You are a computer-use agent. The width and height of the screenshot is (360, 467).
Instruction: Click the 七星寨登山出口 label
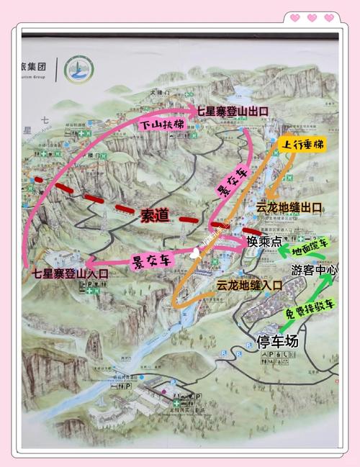click(233, 111)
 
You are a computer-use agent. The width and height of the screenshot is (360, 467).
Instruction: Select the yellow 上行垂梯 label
click(304, 144)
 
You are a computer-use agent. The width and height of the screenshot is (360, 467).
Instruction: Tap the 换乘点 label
click(264, 241)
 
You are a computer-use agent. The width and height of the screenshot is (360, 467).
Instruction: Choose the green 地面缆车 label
click(310, 248)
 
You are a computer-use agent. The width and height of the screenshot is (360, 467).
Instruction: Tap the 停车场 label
click(277, 341)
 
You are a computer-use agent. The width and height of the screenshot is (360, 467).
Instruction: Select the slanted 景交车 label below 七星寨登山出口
click(230, 181)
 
